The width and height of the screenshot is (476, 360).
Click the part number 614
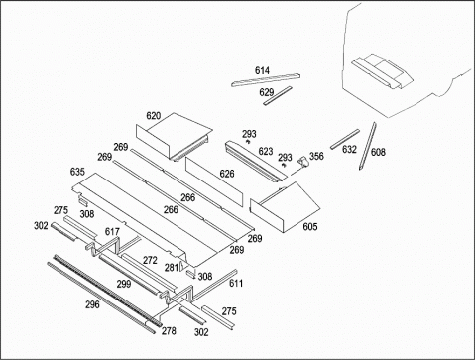click(262, 70)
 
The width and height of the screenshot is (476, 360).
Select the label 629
click(267, 92)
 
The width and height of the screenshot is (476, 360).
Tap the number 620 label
click(153, 116)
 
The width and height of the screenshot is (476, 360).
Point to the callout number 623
click(266, 151)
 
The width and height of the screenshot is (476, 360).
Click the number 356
click(316, 156)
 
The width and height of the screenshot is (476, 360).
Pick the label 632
click(349, 150)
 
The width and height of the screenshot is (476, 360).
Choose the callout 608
click(378, 152)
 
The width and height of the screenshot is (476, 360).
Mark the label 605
click(310, 226)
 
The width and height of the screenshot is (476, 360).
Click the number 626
click(227, 174)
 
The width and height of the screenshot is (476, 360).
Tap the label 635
click(77, 172)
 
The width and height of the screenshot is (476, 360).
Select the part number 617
click(112, 232)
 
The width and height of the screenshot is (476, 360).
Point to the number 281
click(172, 267)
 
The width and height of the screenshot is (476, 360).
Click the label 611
click(236, 283)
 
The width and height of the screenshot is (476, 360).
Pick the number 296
click(92, 304)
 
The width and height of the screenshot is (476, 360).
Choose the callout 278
click(169, 330)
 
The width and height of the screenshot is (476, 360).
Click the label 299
click(124, 284)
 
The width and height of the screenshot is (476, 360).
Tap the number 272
click(150, 260)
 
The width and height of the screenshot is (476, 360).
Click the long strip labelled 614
click(266, 80)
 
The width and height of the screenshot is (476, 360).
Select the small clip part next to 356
click(302, 162)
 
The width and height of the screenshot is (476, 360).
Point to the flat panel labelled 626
click(214, 181)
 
